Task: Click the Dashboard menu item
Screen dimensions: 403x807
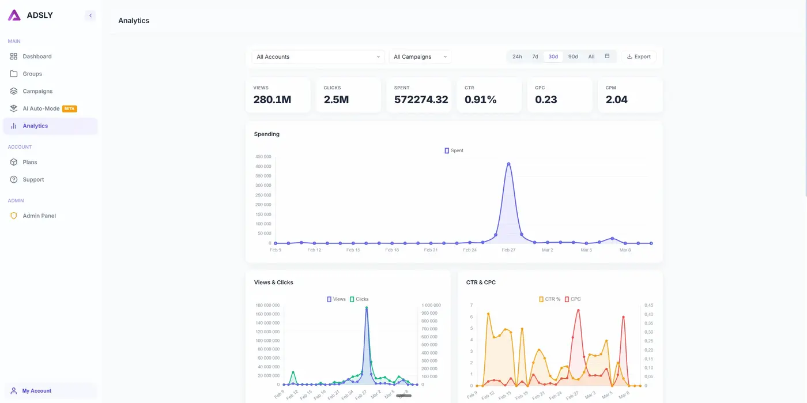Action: pos(37,57)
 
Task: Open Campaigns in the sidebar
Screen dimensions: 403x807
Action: pos(37,91)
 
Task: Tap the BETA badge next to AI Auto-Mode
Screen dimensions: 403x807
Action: pos(70,108)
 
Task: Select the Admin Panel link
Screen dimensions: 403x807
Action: pos(39,216)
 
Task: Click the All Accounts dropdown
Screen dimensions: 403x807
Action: pos(318,57)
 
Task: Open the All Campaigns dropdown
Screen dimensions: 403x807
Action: pos(420,57)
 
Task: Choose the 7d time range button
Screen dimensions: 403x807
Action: pos(535,57)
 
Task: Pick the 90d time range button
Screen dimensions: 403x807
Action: pos(572,57)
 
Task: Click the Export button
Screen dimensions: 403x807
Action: pos(639,57)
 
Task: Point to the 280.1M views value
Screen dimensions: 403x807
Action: pos(272,99)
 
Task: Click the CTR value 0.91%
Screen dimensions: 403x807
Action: pos(480,99)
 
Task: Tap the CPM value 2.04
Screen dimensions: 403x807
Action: pos(616,99)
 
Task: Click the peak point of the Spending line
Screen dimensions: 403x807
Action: pos(508,164)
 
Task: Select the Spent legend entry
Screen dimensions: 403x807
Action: pos(454,150)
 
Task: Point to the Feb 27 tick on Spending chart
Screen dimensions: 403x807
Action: pos(508,250)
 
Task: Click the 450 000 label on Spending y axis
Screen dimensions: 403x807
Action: pos(263,156)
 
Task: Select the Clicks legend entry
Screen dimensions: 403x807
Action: pos(359,299)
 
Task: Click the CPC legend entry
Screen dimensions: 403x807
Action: pos(573,299)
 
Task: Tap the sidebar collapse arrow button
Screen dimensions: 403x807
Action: pos(90,16)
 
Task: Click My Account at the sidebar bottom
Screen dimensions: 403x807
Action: pos(37,391)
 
